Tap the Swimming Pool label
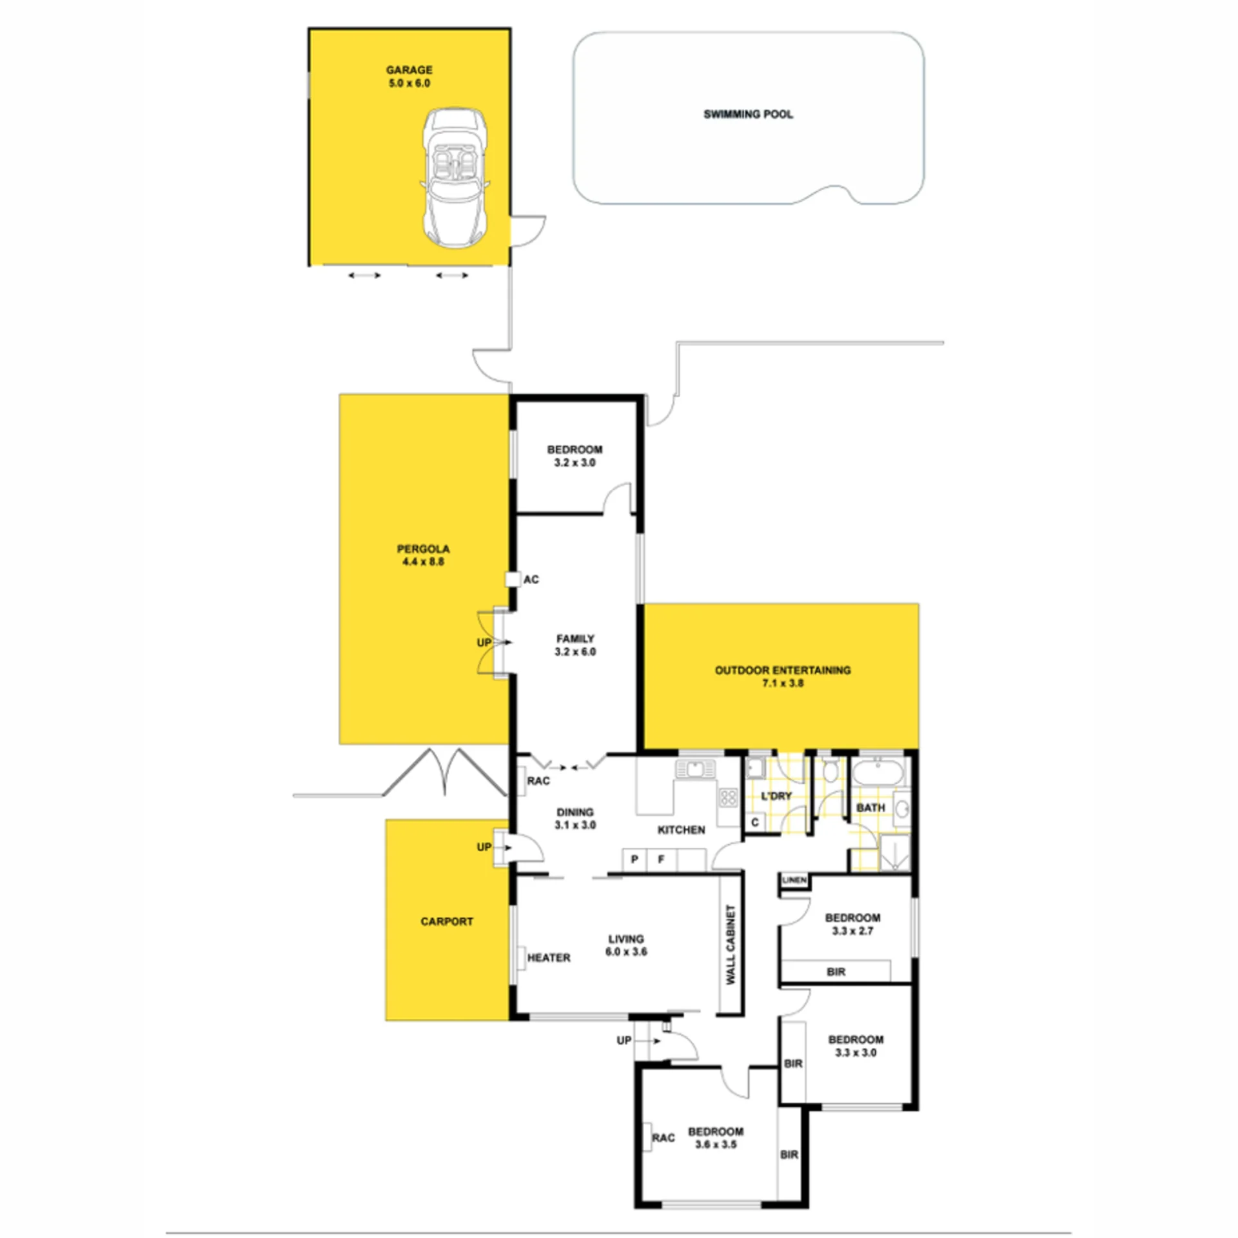[748, 114]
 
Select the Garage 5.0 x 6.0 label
[409, 76]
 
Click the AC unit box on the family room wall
[513, 579]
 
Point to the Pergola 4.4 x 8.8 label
[423, 555]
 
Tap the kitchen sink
[695, 769]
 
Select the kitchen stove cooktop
[728, 798]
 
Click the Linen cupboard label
[794, 879]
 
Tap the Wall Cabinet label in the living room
[731, 944]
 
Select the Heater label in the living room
[549, 958]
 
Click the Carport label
[447, 921]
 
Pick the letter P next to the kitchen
[634, 859]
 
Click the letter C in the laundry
[755, 822]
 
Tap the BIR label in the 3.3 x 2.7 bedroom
[836, 972]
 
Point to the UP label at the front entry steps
[624, 1040]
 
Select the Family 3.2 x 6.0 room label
[575, 645]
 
